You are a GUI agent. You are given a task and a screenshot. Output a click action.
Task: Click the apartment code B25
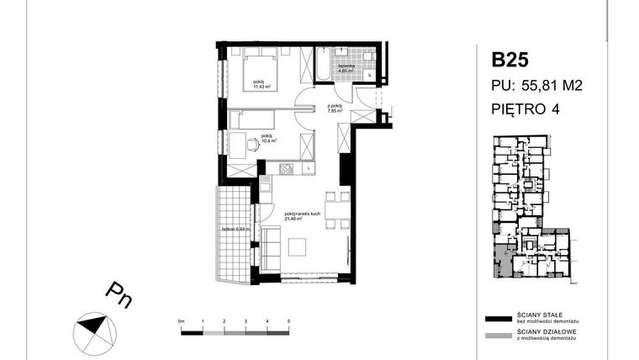click(x=510, y=60)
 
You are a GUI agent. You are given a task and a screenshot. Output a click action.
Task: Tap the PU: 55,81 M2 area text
click(x=538, y=84)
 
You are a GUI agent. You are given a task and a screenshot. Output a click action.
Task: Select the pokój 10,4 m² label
click(x=267, y=138)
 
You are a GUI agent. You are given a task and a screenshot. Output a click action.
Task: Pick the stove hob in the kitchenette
click(x=285, y=169)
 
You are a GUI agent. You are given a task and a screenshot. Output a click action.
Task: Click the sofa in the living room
click(x=269, y=248)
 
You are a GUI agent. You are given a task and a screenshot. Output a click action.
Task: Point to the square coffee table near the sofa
click(x=298, y=247)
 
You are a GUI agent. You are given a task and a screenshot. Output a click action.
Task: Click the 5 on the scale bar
click(x=288, y=322)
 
